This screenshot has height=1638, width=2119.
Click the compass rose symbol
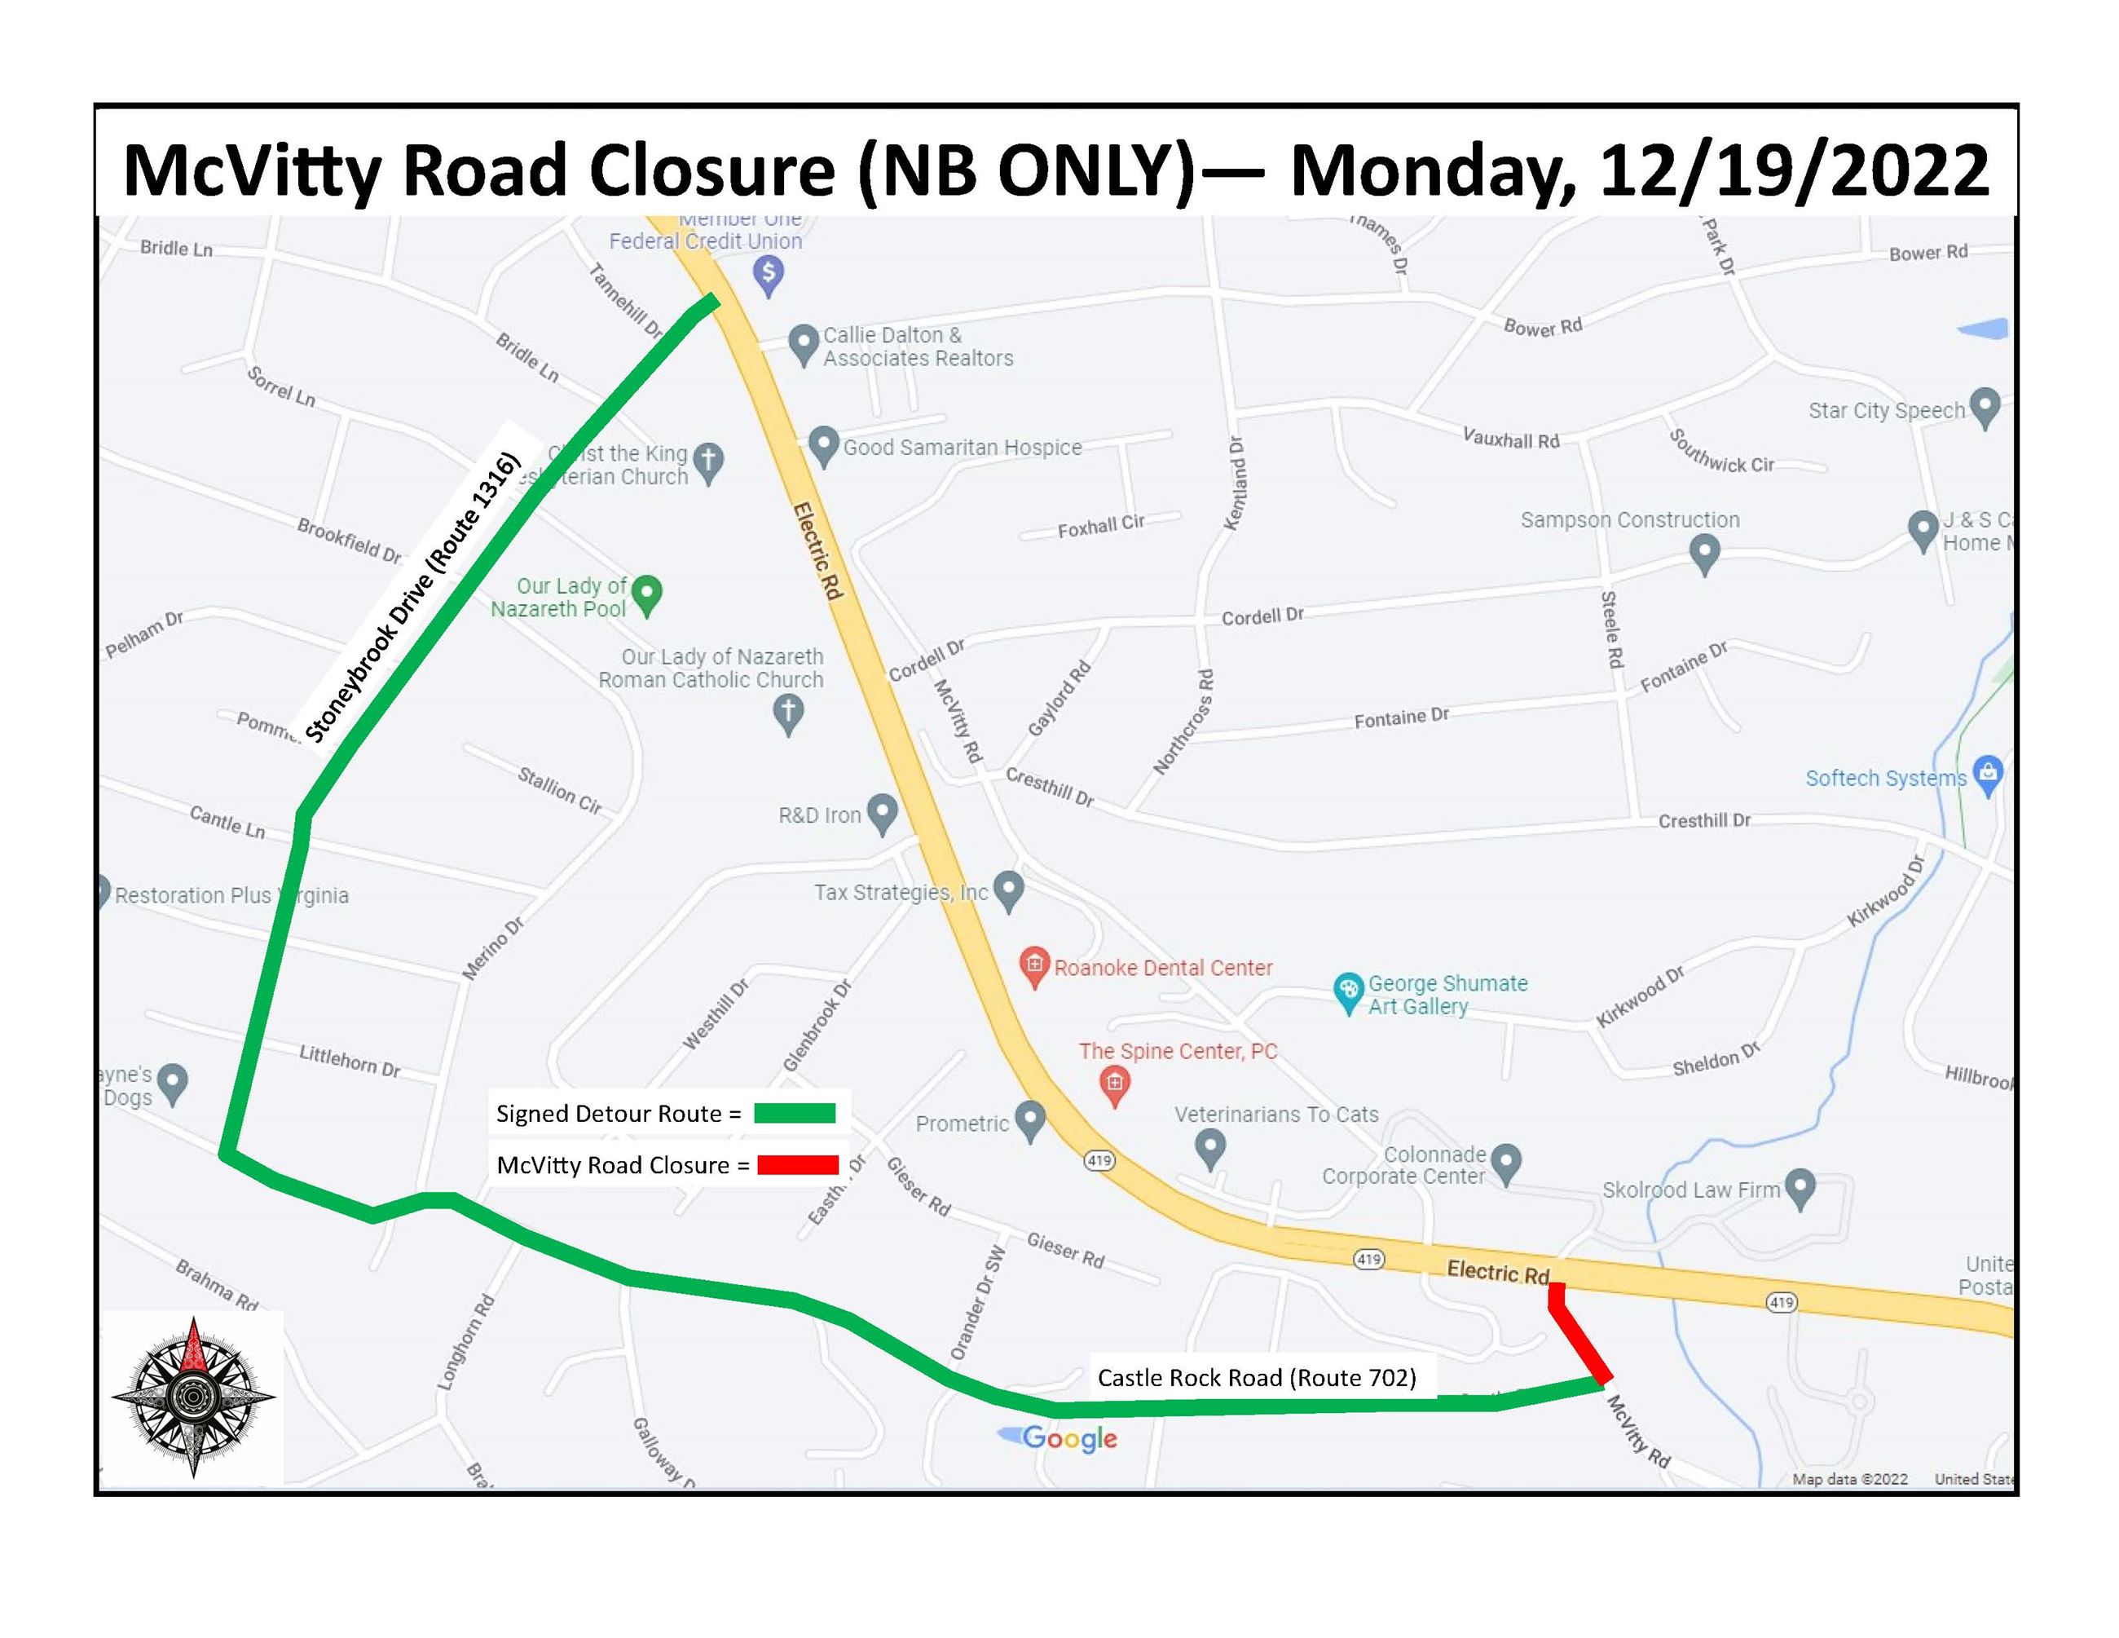193,1397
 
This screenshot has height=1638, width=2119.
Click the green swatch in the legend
795,1113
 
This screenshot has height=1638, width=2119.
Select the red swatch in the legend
798,1164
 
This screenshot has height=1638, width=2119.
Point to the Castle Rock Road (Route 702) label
1257,1377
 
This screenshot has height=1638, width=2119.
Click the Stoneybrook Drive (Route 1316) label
412,598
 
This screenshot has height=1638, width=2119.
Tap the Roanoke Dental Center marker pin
1034,965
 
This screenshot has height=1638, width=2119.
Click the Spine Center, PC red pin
1115,1083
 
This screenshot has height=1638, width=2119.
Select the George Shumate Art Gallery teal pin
1348,991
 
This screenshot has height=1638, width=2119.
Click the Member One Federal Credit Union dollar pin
769,274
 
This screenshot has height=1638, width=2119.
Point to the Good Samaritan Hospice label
962,448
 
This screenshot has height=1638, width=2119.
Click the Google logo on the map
1068,1438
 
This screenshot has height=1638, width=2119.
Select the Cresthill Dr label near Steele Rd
1703,821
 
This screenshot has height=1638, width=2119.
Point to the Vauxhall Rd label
1511,439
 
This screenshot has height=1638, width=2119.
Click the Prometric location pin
1029,1119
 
